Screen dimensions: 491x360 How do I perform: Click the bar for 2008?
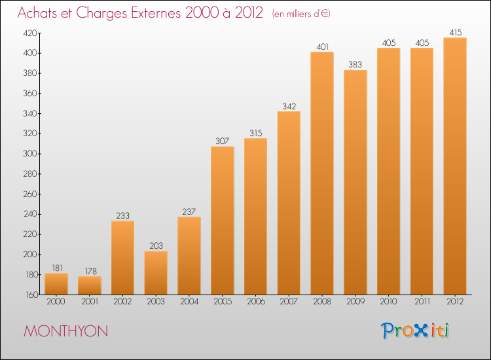coord(322,173)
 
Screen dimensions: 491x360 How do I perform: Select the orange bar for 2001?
coord(90,285)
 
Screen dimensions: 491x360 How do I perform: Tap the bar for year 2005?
coord(223,221)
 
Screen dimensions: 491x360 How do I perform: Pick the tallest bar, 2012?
coord(455,166)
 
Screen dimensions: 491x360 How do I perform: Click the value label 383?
coord(355,65)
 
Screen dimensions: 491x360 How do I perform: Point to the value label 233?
coord(123,215)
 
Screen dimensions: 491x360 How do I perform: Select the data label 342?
coord(289,106)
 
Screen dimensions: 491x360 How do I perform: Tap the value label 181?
coord(58,268)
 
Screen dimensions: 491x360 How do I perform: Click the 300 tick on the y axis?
coord(30,154)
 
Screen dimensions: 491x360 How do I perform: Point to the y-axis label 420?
coord(30,33)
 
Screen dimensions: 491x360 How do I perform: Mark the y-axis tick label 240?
coord(30,214)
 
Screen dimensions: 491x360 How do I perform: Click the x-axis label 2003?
coord(156,302)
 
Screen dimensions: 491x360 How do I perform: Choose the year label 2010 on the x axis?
coord(388,302)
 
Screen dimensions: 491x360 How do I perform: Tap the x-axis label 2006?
coord(256,302)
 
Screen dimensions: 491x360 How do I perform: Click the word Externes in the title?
coord(156,13)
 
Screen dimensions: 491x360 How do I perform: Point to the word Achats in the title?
coord(37,13)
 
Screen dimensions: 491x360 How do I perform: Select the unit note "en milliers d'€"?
coord(301,14)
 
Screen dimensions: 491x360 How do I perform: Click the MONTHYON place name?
coord(65,331)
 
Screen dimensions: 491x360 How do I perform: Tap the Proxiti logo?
coord(415,331)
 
